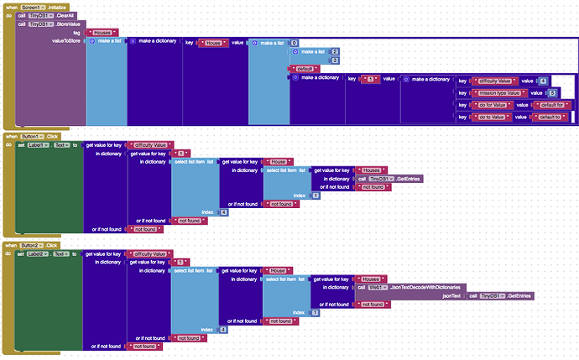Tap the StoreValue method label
pyautogui.click(x=70, y=23)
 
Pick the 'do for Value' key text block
pyautogui.click(x=492, y=104)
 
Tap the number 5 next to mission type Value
pyautogui.click(x=552, y=92)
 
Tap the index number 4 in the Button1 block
pyautogui.click(x=223, y=212)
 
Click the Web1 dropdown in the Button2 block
pyautogui.click(x=379, y=287)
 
